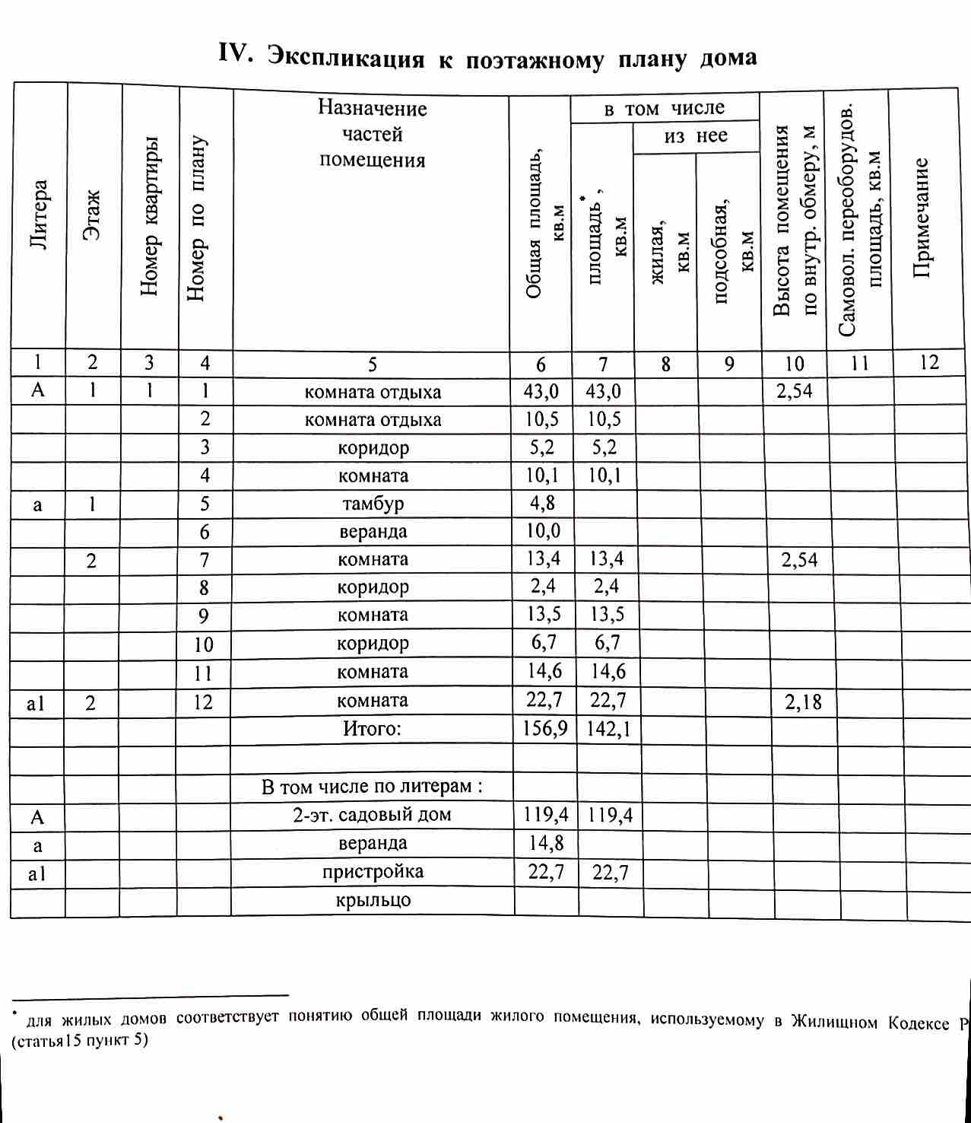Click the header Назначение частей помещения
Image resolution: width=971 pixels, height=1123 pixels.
[x=372, y=134]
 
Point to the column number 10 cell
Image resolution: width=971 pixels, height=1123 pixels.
[x=794, y=364]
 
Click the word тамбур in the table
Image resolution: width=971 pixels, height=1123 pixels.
[x=373, y=504]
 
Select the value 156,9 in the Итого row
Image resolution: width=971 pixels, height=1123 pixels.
[x=544, y=729]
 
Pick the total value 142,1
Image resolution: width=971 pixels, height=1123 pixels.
[x=608, y=729]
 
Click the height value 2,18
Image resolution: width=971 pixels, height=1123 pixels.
[x=803, y=701]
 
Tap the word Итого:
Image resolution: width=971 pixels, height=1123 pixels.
[x=372, y=729]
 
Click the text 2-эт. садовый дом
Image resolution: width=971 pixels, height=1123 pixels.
[x=372, y=815]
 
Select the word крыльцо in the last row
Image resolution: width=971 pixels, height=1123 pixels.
[x=373, y=901]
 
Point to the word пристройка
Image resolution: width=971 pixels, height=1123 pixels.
[x=373, y=872]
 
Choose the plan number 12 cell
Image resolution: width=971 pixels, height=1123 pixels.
[x=203, y=701]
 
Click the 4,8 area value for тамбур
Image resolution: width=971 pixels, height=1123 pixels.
[x=543, y=503]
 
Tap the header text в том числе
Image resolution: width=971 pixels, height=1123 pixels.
[x=664, y=109]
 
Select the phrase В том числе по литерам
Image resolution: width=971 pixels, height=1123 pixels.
[x=372, y=786]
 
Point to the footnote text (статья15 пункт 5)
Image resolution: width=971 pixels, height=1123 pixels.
[x=80, y=1040]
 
